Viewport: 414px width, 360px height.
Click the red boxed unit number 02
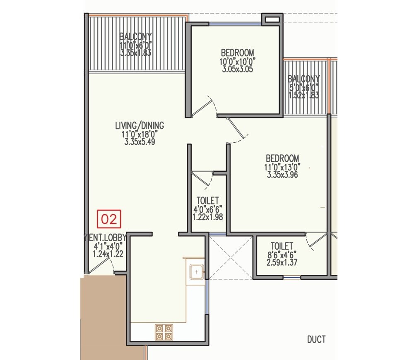click(x=109, y=219)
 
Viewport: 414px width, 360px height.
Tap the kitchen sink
click(x=196, y=272)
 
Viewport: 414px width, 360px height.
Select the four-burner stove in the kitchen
click(x=163, y=332)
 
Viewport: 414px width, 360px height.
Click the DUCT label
click(x=316, y=340)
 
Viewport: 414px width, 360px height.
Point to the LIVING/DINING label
click(x=140, y=125)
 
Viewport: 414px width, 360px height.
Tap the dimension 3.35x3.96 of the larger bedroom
click(x=282, y=175)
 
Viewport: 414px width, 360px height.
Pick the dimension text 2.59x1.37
click(x=282, y=262)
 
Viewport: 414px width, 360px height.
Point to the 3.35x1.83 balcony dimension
click(x=135, y=53)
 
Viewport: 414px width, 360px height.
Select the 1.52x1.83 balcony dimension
click(x=304, y=95)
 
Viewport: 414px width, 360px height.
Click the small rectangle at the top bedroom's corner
click(x=272, y=19)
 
